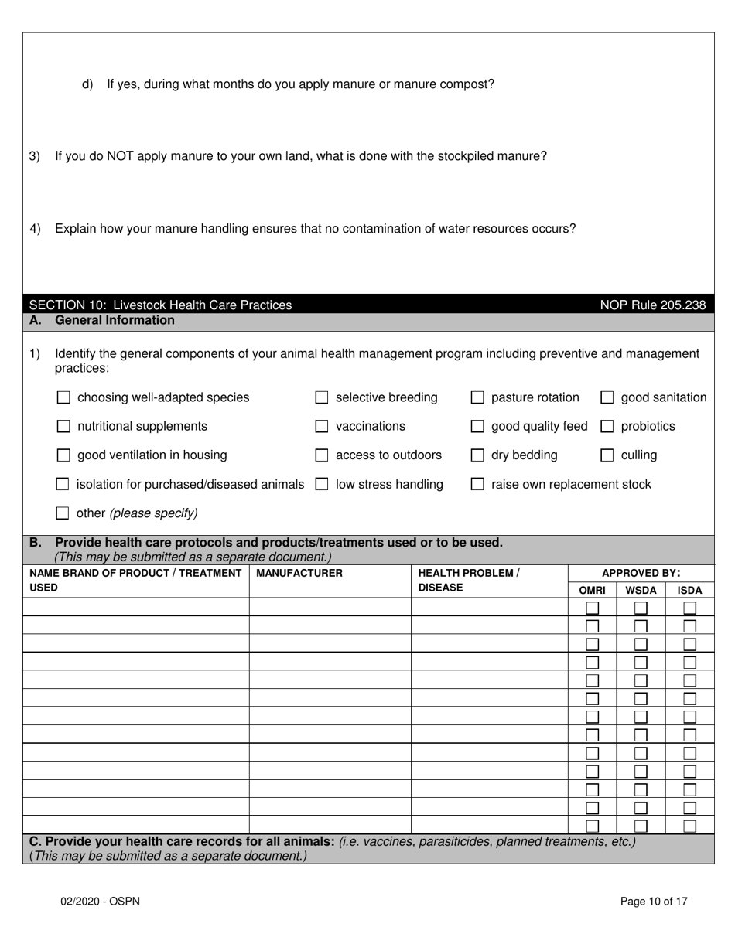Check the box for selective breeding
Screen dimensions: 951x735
click(322, 397)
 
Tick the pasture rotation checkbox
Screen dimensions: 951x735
click(477, 397)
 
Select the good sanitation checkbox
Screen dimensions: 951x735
click(607, 397)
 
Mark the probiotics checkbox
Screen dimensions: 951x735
click(607, 426)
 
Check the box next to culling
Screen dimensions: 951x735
click(607, 455)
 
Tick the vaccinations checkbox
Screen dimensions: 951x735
click(322, 426)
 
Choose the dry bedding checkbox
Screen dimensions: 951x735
click(477, 455)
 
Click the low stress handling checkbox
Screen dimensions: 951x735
click(322, 485)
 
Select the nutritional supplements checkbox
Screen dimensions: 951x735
click(63, 426)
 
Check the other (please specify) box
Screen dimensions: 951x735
click(63, 513)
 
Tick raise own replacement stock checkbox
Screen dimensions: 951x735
click(477, 485)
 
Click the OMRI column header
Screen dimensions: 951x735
click(592, 590)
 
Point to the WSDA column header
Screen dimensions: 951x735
click(641, 590)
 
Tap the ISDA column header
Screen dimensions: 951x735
click(689, 590)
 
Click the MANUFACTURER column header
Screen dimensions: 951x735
click(299, 573)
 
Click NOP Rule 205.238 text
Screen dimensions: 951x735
click(653, 305)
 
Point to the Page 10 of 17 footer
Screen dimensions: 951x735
click(654, 901)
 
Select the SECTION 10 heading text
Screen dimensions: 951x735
click(160, 305)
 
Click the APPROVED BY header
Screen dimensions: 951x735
click(641, 573)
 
